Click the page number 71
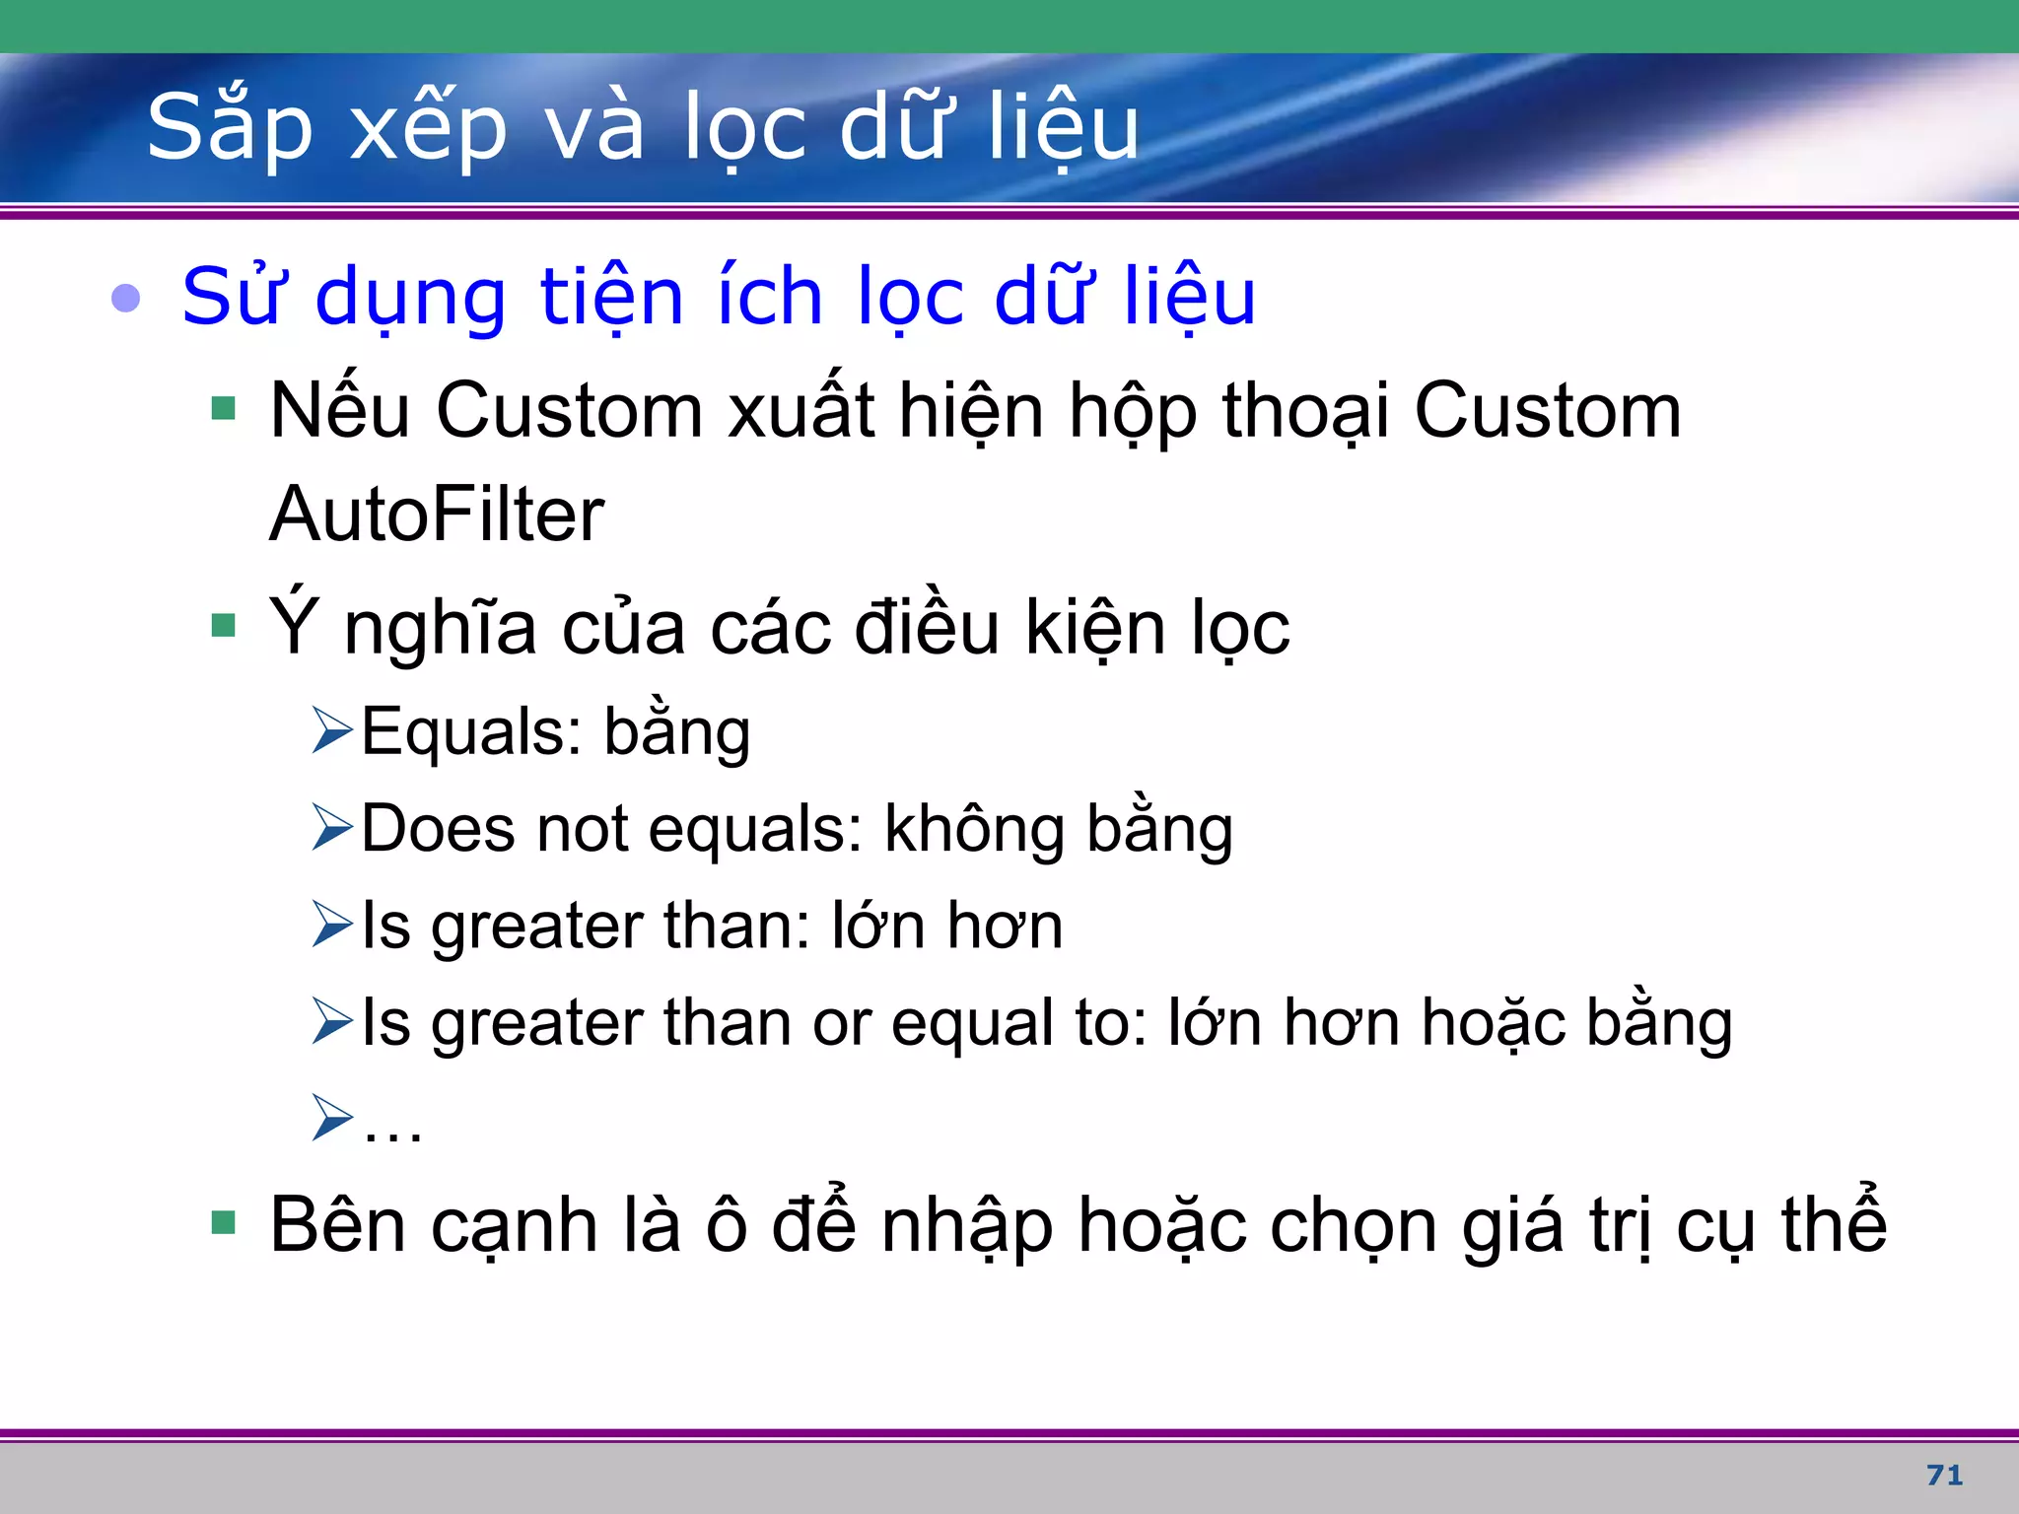tap(1944, 1475)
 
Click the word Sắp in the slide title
tap(229, 128)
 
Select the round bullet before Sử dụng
tap(126, 297)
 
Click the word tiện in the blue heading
tap(611, 297)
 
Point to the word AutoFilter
tap(437, 515)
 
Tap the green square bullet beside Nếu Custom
tap(224, 408)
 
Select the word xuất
tap(801, 410)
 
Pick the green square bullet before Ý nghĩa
tap(224, 625)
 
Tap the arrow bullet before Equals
tap(331, 730)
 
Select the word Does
tap(438, 828)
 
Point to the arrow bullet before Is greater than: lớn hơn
tap(331, 925)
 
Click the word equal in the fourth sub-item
tap(970, 1023)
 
